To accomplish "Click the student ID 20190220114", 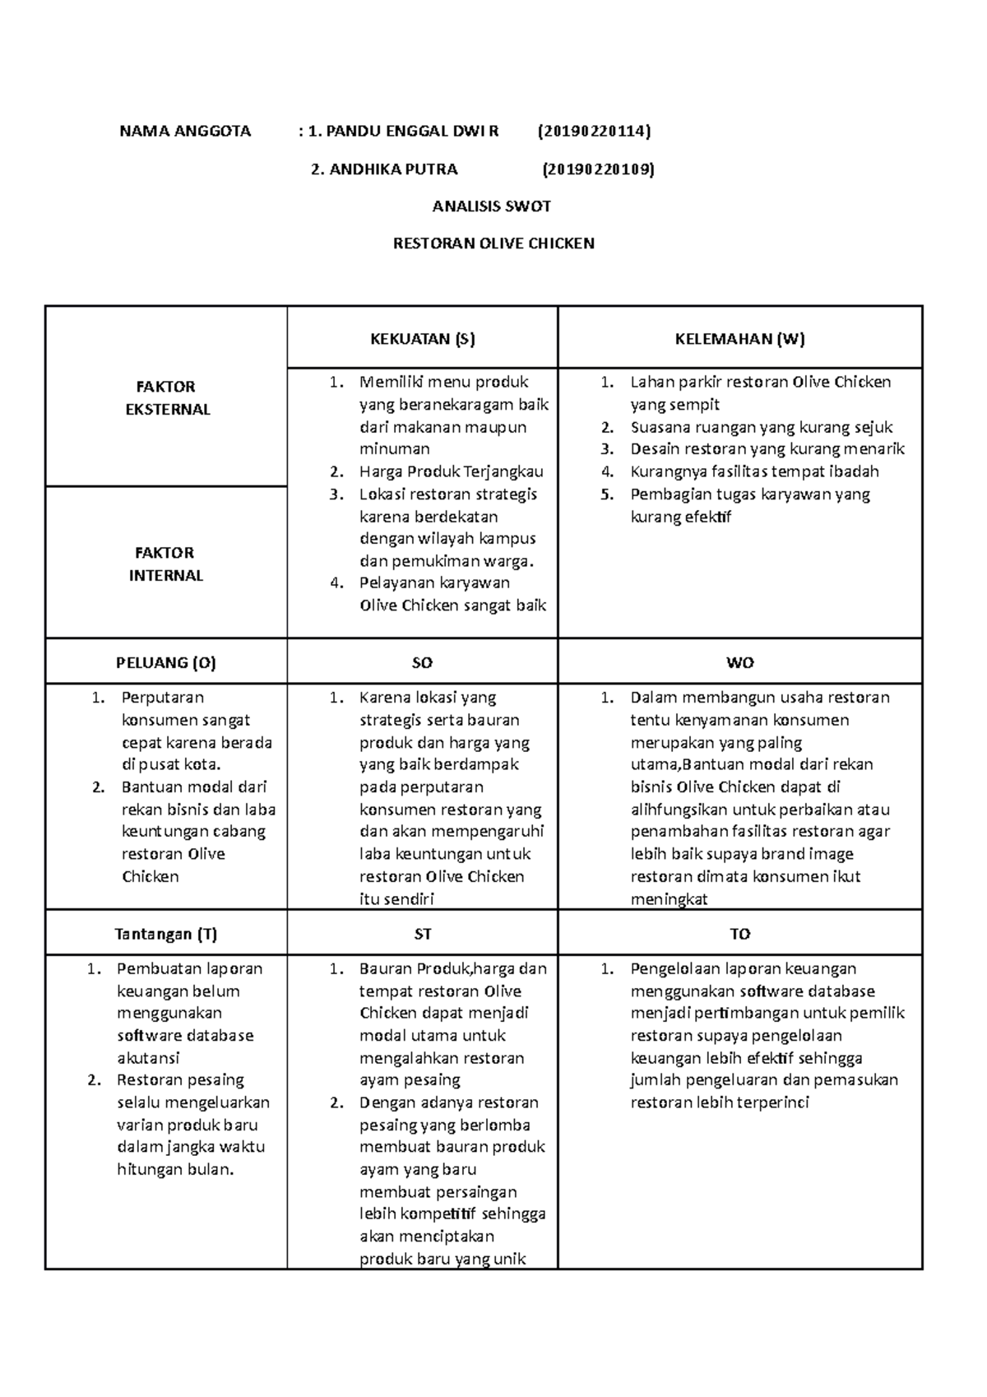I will coord(594,131).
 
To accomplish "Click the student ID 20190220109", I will coord(598,169).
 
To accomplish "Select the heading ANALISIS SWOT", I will coord(493,207).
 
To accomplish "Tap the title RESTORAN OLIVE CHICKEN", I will coord(493,244).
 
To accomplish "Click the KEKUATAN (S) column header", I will coord(422,338).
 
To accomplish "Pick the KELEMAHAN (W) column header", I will coord(739,338).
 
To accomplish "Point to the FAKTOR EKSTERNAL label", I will coord(167,398).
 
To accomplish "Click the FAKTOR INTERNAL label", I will coord(165,564).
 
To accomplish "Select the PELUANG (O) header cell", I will coord(165,662).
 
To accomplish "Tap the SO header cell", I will coord(422,662).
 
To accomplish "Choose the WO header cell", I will coord(739,662).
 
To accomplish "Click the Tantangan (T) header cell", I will coord(165,934).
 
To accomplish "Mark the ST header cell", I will coord(422,934).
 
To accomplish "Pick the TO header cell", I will coord(739,934).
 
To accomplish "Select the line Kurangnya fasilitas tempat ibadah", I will coord(754,472).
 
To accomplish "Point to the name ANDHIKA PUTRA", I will coord(393,169).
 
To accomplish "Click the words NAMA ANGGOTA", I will coord(185,131).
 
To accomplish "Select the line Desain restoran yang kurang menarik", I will coord(767,449).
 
